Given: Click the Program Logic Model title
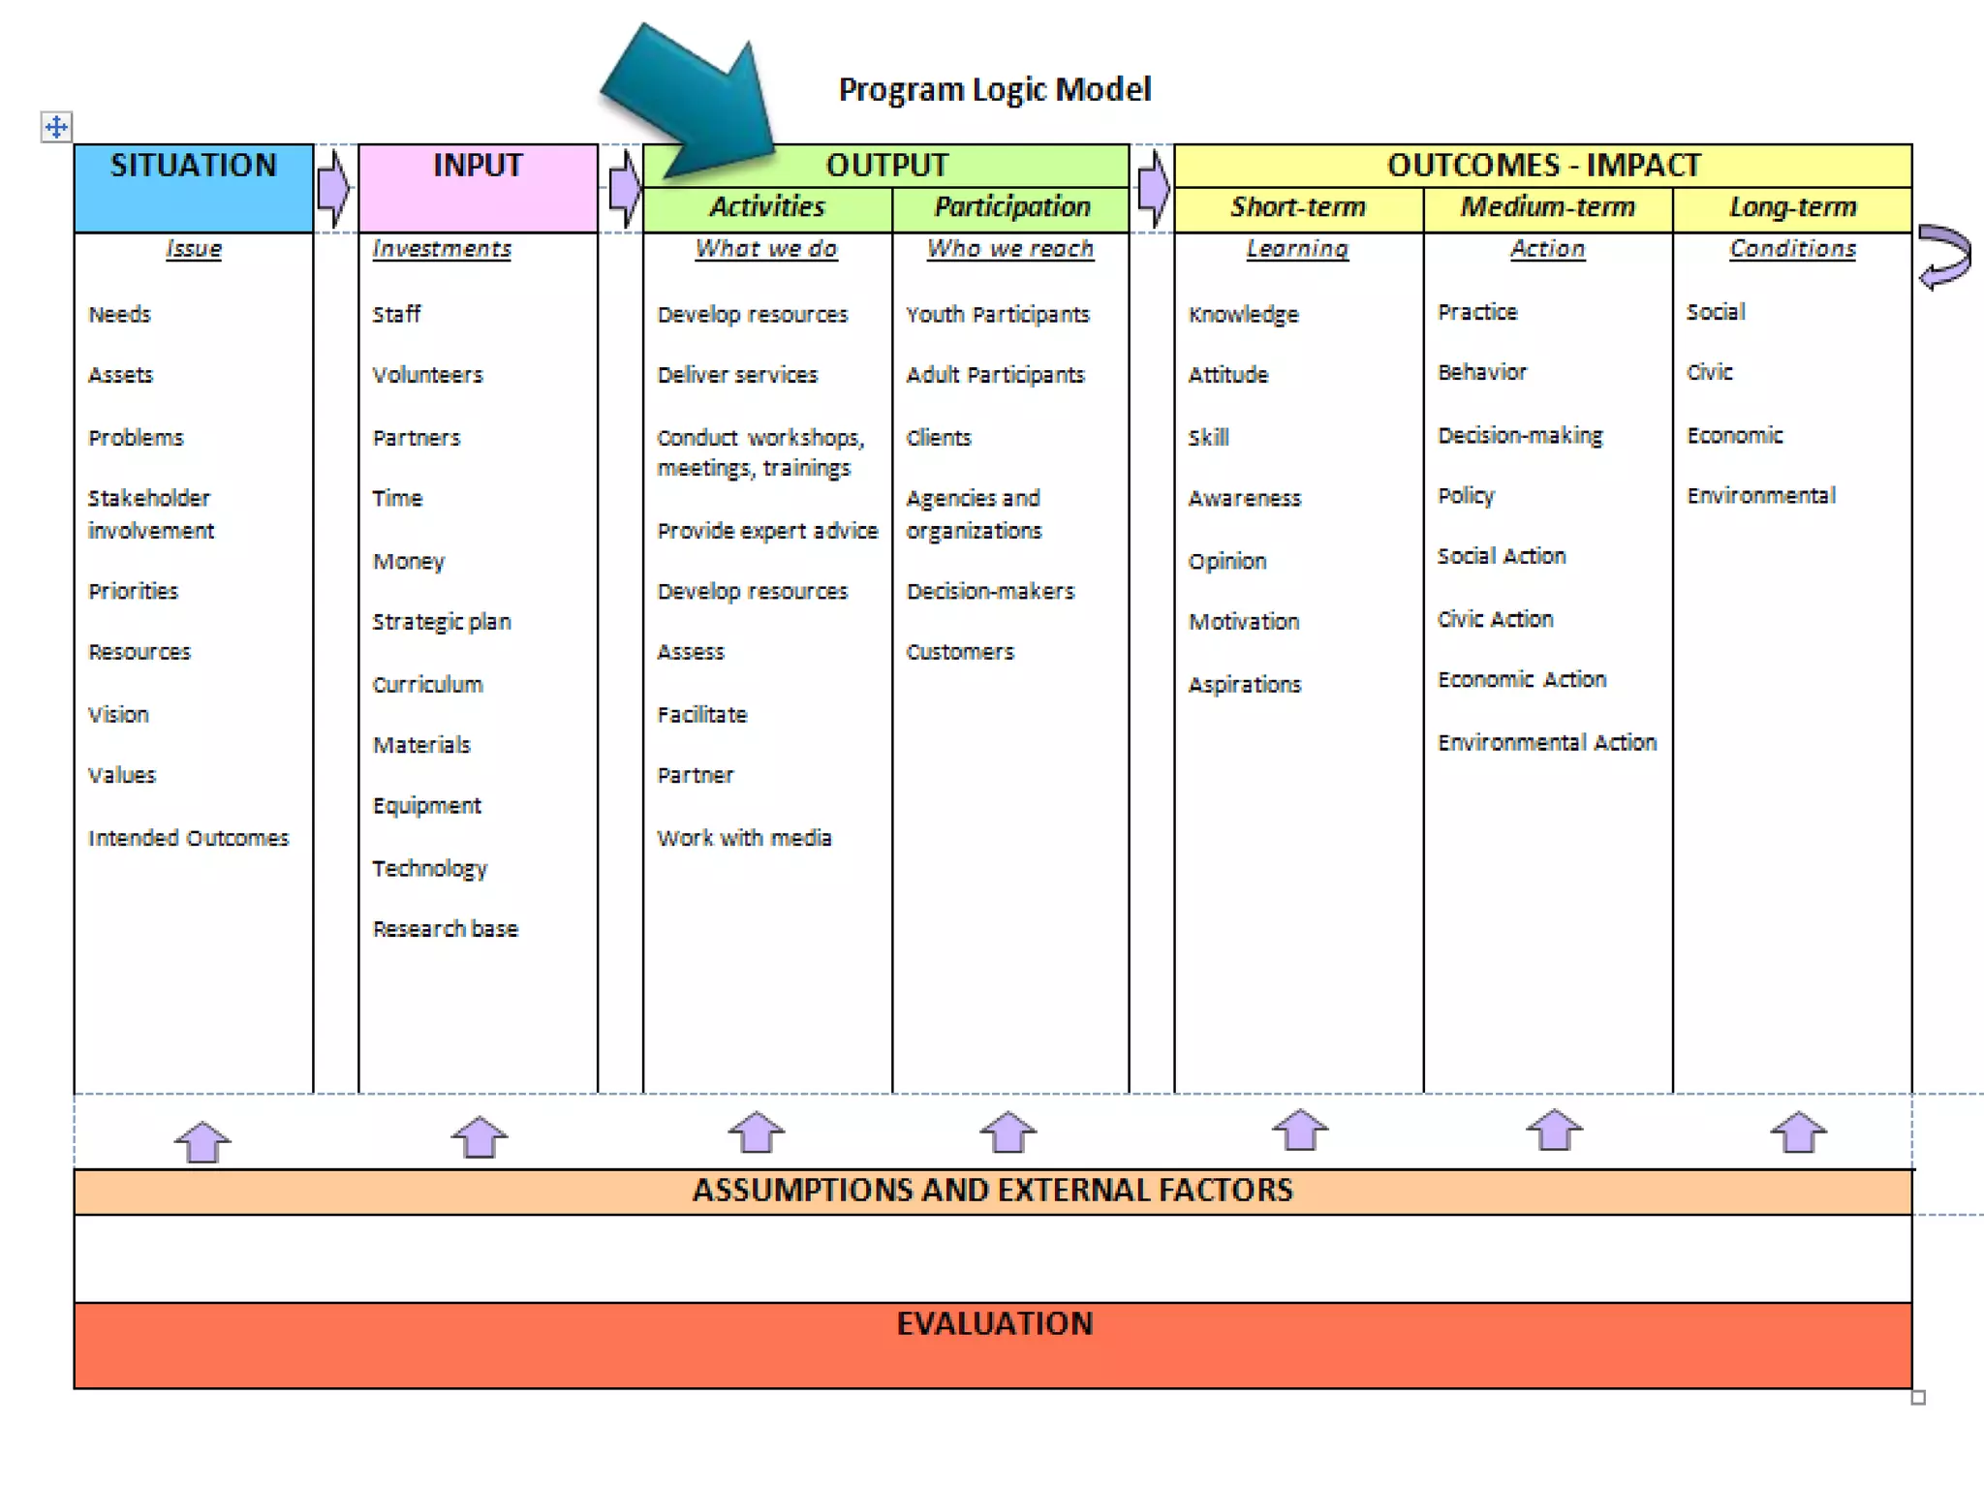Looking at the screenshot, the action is [994, 89].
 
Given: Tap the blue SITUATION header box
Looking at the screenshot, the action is [194, 187].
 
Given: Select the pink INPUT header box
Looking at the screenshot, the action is [478, 187].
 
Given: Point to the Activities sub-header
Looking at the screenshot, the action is [766, 207].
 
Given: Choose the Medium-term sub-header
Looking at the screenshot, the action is [1547, 207].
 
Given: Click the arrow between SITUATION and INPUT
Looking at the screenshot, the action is [333, 187].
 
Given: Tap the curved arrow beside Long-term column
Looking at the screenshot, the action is [1945, 256].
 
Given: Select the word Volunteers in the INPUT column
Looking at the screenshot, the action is [427, 375].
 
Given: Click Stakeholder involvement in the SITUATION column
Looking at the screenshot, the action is [150, 513].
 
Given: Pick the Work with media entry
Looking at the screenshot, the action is [744, 838].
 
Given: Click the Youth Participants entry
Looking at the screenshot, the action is [997, 315].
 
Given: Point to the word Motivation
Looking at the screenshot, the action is [1244, 622].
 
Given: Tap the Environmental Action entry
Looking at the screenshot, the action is [1546, 743].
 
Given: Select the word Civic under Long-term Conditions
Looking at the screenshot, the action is [1709, 372].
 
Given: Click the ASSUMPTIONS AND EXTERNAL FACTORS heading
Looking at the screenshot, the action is [992, 1191].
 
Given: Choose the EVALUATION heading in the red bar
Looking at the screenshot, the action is [994, 1324].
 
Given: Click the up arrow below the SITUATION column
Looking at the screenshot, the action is [202, 1141].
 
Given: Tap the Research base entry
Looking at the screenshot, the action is [445, 929].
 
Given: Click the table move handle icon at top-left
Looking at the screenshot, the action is [56, 127].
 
